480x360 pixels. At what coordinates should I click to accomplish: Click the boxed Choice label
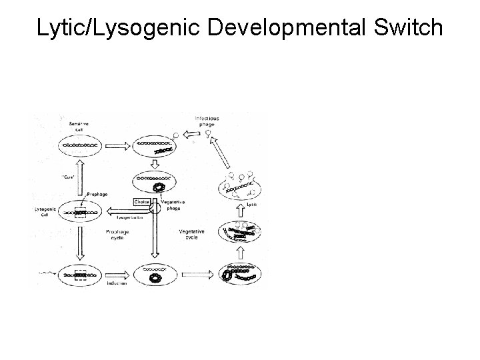[x=142, y=201]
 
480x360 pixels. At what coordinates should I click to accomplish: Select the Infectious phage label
[x=206, y=121]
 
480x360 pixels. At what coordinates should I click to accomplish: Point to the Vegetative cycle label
[x=193, y=235]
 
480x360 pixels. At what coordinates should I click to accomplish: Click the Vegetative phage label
[x=172, y=204]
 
